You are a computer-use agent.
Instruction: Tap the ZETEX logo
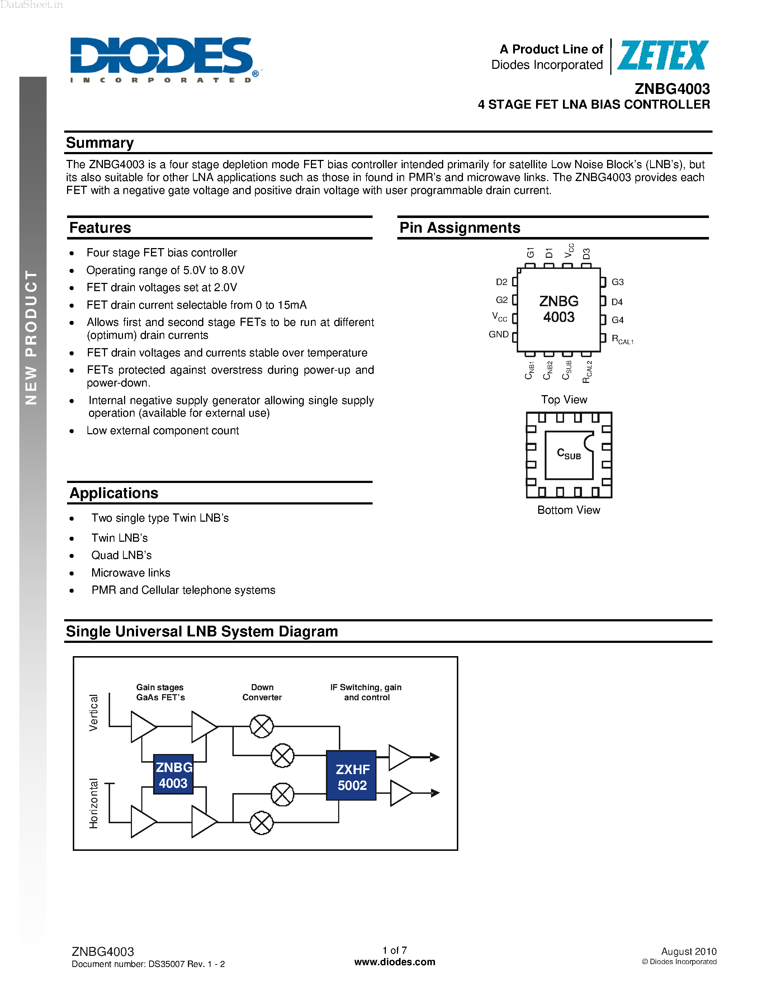[662, 56]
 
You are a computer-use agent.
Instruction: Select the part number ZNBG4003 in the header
[672, 89]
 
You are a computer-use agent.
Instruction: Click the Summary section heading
[100, 143]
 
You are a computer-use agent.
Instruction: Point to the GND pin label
[498, 335]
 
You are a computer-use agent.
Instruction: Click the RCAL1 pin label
[622, 339]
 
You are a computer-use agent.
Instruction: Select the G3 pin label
[617, 282]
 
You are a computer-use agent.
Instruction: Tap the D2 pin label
[502, 282]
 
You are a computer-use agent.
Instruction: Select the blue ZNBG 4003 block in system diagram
[173, 775]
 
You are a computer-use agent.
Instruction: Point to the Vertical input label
[94, 712]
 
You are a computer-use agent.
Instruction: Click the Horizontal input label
[94, 803]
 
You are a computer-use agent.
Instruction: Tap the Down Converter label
[262, 692]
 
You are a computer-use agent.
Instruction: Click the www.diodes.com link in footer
[394, 962]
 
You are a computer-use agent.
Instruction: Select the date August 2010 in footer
[688, 951]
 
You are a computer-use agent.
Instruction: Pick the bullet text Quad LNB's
[122, 555]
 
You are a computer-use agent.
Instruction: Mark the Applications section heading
[114, 493]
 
